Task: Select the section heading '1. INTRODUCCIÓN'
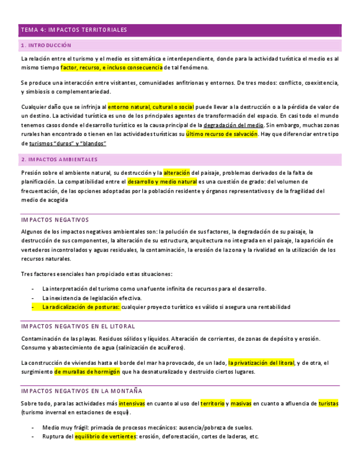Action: pyautogui.click(x=46, y=45)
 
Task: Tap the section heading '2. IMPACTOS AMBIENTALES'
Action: pyautogui.click(x=59, y=159)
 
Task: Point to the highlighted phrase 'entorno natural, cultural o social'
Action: pyautogui.click(x=151, y=107)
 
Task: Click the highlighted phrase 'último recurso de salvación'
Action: pyautogui.click(x=221, y=134)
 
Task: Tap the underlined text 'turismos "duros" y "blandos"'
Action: pyautogui.click(x=75, y=143)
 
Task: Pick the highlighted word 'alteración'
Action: pyautogui.click(x=176, y=173)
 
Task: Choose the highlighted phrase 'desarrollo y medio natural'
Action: pyautogui.click(x=162, y=182)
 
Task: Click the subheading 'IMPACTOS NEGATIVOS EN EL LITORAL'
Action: pyautogui.click(x=78, y=326)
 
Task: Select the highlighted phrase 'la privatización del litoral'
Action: pyautogui.click(x=261, y=363)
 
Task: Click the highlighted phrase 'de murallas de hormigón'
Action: pyautogui.click(x=87, y=372)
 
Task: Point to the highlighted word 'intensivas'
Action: pyautogui.click(x=132, y=403)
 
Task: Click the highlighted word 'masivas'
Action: pyautogui.click(x=241, y=403)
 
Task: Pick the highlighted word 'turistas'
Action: pyautogui.click(x=329, y=403)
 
